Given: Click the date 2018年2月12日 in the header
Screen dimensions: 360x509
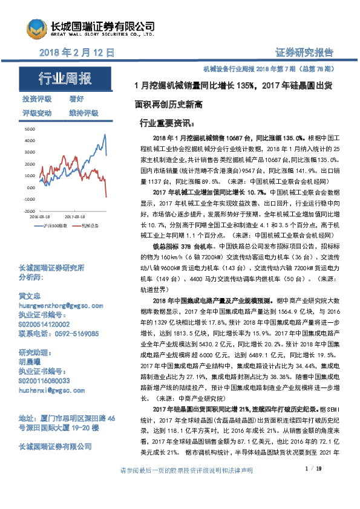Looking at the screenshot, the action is [x=76, y=53].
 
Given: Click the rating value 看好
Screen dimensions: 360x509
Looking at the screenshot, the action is [x=76, y=99].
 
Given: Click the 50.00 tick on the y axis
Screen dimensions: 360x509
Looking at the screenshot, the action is [x=28, y=129].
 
